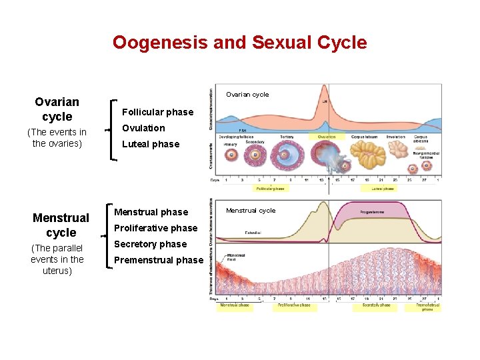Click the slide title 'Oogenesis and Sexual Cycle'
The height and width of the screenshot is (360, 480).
coord(239,43)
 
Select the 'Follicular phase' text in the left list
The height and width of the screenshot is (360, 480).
coord(157,112)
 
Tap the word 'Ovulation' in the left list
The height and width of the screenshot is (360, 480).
coord(143,128)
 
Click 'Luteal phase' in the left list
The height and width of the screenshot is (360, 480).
coord(150,144)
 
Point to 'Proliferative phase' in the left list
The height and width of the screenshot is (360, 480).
coord(156,228)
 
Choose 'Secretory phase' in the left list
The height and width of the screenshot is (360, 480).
coord(151,244)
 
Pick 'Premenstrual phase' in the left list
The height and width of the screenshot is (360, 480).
coord(159,260)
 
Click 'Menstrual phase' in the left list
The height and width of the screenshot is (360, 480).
coord(151,212)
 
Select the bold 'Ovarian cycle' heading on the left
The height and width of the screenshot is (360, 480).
coord(57,109)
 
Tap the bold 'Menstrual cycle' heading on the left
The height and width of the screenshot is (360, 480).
coord(61,225)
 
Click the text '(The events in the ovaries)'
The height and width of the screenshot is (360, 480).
coord(57,138)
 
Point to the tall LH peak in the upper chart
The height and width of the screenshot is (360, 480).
coord(325,93)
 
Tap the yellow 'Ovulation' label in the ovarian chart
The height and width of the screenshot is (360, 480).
coord(327,137)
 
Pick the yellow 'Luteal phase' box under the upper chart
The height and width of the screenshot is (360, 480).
coord(383,189)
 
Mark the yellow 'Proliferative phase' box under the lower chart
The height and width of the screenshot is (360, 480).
coord(294,305)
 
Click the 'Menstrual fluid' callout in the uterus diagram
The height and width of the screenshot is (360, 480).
coord(236,257)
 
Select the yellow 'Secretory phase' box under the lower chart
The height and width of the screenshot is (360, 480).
coord(376,305)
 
